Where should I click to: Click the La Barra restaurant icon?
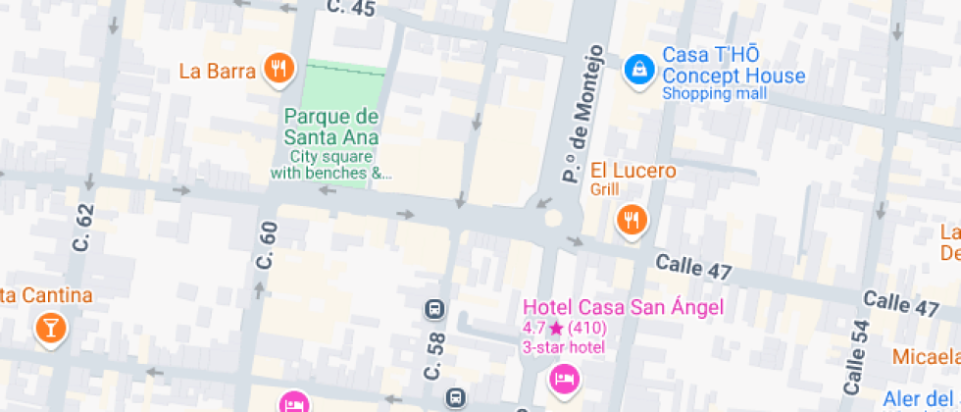click(x=279, y=69)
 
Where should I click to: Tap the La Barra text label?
click(x=218, y=71)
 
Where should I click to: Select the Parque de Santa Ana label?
click(x=331, y=128)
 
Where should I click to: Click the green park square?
click(x=343, y=82)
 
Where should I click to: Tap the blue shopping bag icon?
click(x=639, y=69)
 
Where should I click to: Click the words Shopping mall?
click(x=715, y=94)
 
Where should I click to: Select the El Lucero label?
click(x=632, y=171)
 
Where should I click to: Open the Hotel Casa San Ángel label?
click(x=623, y=307)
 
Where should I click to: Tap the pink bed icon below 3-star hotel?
click(x=563, y=378)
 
